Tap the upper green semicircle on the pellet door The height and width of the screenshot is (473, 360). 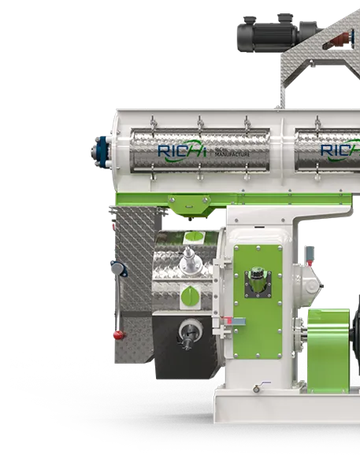189,238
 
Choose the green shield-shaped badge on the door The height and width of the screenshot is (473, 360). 188,296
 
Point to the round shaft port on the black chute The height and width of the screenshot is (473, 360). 190,331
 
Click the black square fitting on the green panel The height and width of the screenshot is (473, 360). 256,280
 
